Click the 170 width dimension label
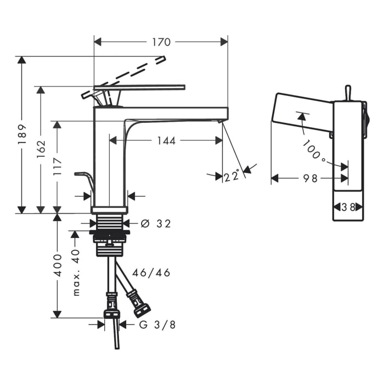click(161, 42)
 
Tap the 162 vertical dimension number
click(41, 149)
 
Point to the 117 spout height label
click(58, 166)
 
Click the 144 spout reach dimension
click(166, 141)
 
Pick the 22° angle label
click(231, 176)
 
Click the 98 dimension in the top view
click(310, 178)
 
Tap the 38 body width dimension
click(348, 207)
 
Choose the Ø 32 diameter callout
click(156, 224)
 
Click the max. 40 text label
click(76, 273)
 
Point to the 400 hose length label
click(58, 266)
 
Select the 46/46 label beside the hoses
click(151, 273)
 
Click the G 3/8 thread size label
click(157, 325)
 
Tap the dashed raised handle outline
click(123, 77)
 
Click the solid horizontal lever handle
click(139, 87)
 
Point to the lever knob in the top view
click(348, 93)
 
